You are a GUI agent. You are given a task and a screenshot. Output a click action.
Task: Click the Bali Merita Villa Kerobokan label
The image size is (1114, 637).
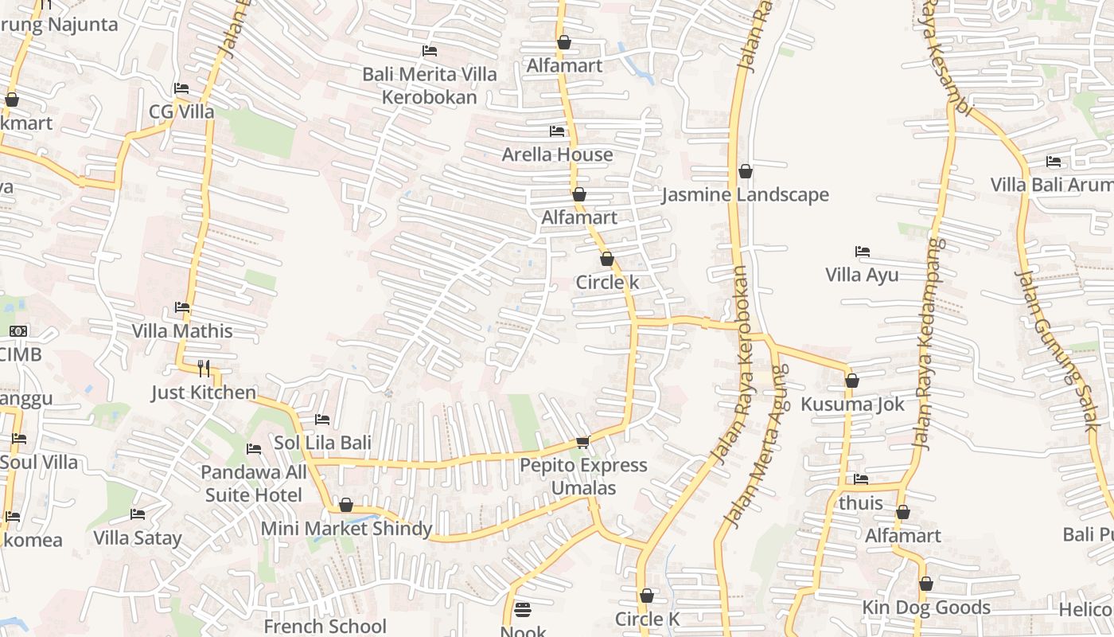click(x=430, y=86)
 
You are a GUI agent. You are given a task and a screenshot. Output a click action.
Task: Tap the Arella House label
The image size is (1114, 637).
click(x=557, y=154)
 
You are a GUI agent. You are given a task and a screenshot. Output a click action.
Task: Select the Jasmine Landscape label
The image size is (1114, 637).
click(x=746, y=195)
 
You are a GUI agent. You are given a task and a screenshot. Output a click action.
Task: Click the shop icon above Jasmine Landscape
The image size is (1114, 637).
click(x=746, y=171)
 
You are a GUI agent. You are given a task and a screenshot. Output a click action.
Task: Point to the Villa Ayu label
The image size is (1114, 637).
click(x=862, y=276)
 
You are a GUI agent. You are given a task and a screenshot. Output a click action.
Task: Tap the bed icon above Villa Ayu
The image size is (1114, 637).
click(x=862, y=252)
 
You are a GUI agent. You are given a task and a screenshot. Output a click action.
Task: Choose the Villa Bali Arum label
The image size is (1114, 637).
click(x=1051, y=185)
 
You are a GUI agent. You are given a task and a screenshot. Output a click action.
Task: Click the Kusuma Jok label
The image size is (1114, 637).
click(x=852, y=404)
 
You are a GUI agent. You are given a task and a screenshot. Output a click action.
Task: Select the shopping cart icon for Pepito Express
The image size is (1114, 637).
click(x=582, y=442)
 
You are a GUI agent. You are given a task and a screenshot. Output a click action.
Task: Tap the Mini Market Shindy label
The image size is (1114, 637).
click(x=347, y=529)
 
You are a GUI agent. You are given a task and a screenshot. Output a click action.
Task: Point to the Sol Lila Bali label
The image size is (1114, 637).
click(x=322, y=443)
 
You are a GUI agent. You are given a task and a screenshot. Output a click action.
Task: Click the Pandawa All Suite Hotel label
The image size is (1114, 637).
click(x=254, y=483)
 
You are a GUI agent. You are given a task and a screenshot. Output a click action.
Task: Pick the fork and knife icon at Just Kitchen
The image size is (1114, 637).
click(x=204, y=368)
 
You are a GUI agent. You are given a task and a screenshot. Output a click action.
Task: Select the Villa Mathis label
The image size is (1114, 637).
click(x=182, y=331)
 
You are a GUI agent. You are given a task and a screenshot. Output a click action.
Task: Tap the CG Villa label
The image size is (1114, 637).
click(x=181, y=111)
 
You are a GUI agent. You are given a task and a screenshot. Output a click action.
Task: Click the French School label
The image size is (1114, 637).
click(x=325, y=627)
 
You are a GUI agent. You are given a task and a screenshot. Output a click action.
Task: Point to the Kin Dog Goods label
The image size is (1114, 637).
click(x=926, y=608)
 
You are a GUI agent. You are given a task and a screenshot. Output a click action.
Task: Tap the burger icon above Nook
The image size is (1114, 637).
click(x=523, y=609)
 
